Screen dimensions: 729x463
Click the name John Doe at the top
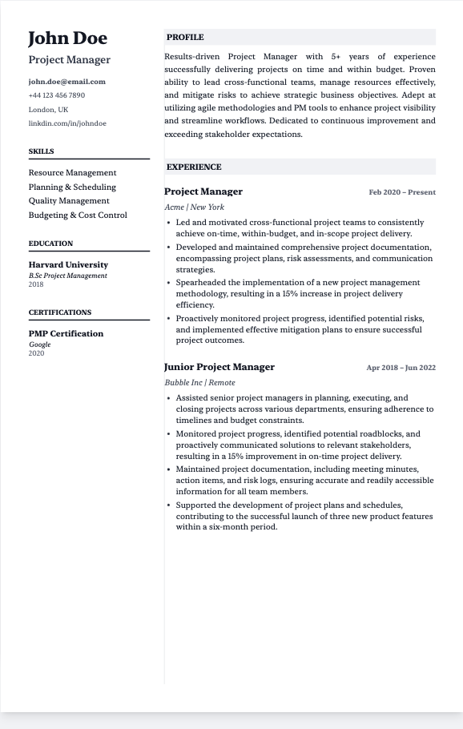pyautogui.click(x=67, y=38)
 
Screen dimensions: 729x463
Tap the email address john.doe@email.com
pyautogui.click(x=66, y=82)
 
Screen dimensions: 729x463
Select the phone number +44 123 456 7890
pyautogui.click(x=56, y=95)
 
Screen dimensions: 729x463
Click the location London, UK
pyautogui.click(x=48, y=110)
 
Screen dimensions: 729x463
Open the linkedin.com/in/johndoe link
pyautogui.click(x=67, y=123)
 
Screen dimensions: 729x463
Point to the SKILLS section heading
pyautogui.click(x=42, y=151)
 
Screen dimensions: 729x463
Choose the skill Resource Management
pyautogui.click(x=72, y=173)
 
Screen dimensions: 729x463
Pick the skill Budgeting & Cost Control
pyautogui.click(x=78, y=215)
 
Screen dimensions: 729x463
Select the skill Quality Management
pyautogui.click(x=69, y=201)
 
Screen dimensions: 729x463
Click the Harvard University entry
pyautogui.click(x=68, y=264)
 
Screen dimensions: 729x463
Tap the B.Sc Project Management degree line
pyautogui.click(x=67, y=276)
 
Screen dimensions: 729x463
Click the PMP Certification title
pyautogui.click(x=66, y=333)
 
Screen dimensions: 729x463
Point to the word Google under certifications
pyautogui.click(x=39, y=344)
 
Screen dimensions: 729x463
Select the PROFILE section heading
pyautogui.click(x=185, y=38)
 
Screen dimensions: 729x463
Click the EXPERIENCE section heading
pyautogui.click(x=194, y=167)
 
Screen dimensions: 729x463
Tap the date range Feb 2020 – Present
pyautogui.click(x=402, y=193)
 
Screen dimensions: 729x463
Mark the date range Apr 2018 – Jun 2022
pyautogui.click(x=401, y=369)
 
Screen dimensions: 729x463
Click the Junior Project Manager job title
pyautogui.click(x=219, y=367)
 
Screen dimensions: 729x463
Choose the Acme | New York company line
pyautogui.click(x=194, y=207)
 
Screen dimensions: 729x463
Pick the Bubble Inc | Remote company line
pyautogui.click(x=199, y=383)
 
